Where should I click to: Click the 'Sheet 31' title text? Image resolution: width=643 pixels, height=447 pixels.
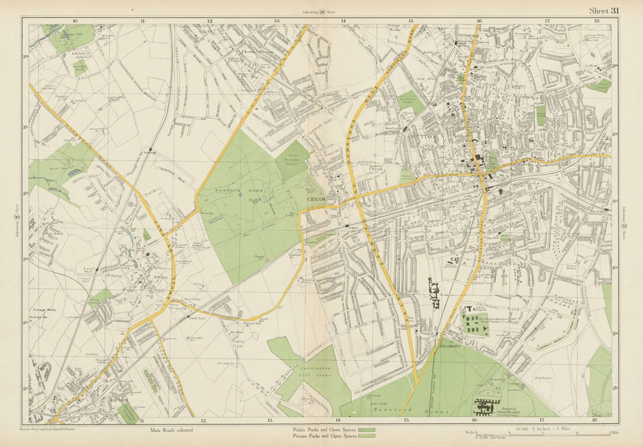tap(604, 10)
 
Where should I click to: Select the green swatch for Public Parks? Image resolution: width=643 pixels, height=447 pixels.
tap(367, 430)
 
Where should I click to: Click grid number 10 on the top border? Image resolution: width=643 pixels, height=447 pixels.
tap(76, 21)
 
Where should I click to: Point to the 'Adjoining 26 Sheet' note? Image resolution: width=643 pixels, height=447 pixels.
tap(322, 12)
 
